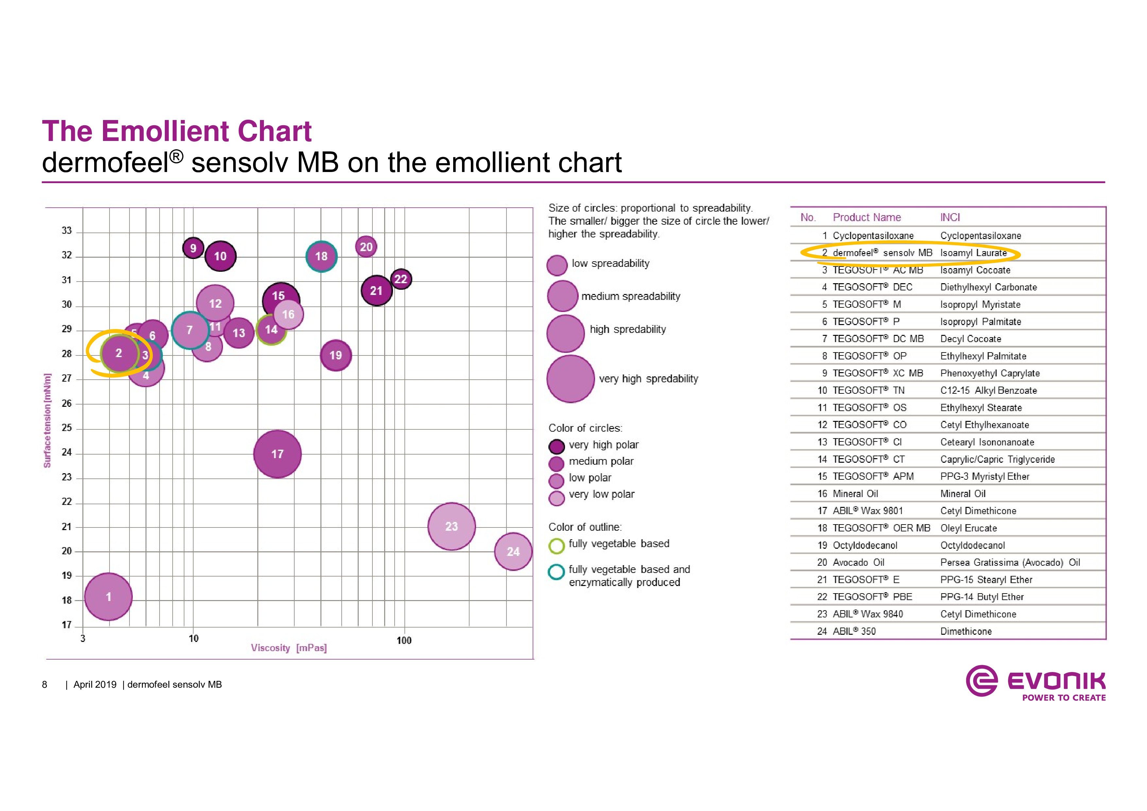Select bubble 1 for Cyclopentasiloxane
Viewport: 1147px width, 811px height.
(109, 596)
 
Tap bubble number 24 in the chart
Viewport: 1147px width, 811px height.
(513, 552)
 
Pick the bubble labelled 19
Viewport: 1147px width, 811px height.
(336, 355)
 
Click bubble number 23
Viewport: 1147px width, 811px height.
(452, 526)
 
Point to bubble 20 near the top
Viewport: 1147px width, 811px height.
(366, 247)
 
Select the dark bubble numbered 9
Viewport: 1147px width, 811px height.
(193, 248)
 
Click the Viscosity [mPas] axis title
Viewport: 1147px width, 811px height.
(289, 648)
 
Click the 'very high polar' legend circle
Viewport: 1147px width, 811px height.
(556, 446)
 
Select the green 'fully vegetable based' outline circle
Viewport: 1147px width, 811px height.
(556, 546)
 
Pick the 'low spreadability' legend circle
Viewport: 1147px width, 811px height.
(557, 265)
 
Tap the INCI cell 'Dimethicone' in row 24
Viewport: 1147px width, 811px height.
(966, 631)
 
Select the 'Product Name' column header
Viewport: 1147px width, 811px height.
(867, 217)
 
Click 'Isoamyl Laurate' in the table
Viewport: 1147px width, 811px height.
(973, 253)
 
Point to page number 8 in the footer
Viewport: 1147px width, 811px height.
(44, 684)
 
